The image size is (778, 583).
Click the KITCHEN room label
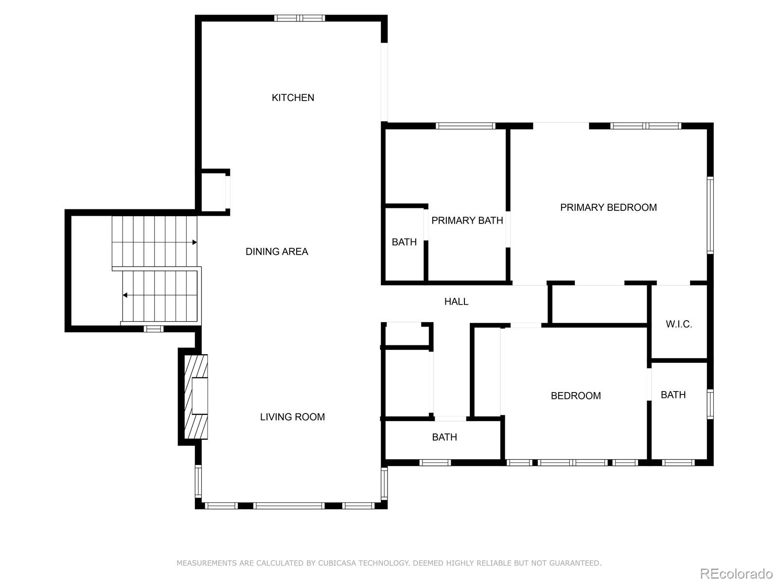point(293,98)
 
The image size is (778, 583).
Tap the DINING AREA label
point(277,252)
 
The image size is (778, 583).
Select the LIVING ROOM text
point(292,417)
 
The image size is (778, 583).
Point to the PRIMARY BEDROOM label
point(608,207)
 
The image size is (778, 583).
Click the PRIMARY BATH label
point(467,221)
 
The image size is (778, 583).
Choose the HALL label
point(456,302)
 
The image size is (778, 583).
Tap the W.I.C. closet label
point(679,324)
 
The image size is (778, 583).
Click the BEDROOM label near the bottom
point(576,396)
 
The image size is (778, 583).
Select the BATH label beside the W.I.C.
point(673,394)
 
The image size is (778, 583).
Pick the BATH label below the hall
point(444,437)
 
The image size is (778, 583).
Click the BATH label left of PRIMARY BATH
point(404,242)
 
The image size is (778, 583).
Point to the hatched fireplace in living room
point(195,396)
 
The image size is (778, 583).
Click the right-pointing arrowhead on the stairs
point(194,242)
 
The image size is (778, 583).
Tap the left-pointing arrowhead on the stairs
point(125,295)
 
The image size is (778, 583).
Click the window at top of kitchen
point(300,18)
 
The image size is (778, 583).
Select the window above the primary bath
point(465,126)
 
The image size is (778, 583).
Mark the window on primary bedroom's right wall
point(710,215)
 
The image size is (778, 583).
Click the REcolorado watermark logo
point(737,573)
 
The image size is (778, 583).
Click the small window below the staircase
point(154,329)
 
